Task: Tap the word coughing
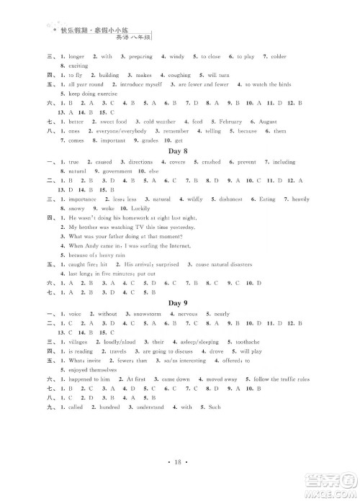click(179, 75)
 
